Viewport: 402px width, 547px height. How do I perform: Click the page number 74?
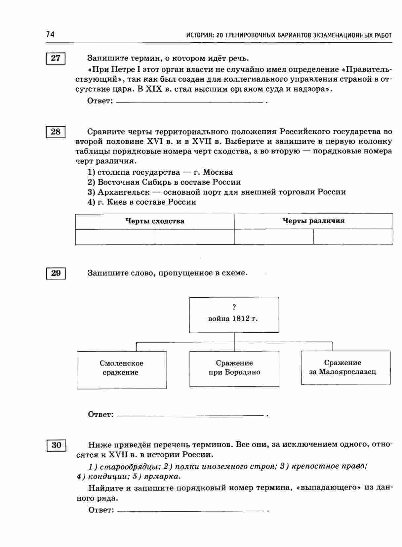[x=50, y=34]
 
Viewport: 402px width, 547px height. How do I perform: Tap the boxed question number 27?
[x=56, y=58]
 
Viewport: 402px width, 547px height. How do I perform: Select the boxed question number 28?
[x=56, y=132]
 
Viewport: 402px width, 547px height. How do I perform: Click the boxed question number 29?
[x=56, y=273]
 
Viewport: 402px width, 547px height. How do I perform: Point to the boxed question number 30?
[x=56, y=445]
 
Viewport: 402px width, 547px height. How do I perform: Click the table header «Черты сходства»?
[x=155, y=221]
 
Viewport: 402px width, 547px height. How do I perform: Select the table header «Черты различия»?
[x=313, y=221]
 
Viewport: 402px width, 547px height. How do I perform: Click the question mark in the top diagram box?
[x=234, y=307]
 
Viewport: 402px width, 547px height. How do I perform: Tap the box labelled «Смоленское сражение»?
[x=121, y=369]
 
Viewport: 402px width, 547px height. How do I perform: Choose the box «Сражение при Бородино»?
[x=234, y=368]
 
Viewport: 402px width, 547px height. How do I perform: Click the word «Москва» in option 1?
[x=218, y=172]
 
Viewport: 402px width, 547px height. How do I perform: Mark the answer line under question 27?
[x=190, y=102]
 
